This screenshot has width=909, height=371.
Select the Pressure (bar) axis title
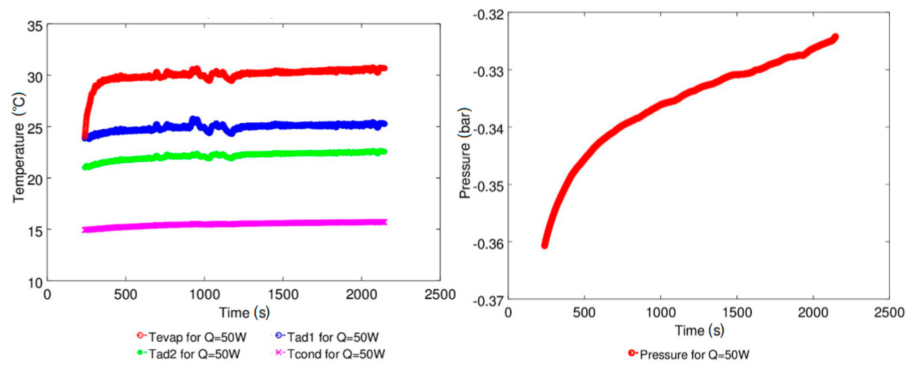[465, 153]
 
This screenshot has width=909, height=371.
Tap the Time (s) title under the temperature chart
[244, 312]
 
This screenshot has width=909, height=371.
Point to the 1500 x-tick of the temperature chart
[283, 294]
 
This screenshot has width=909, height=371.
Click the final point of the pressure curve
[835, 37]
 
